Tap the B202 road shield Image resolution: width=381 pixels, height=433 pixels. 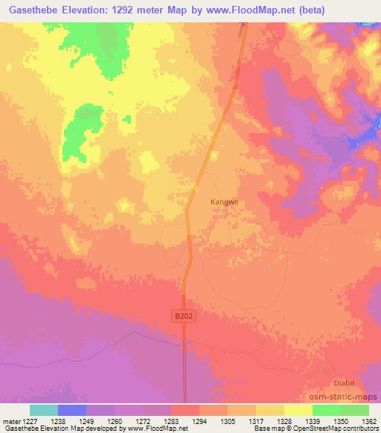point(183,316)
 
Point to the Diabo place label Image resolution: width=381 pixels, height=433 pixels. point(344,383)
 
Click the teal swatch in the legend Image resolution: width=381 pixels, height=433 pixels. point(44,410)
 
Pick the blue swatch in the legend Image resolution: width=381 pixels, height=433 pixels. point(72,410)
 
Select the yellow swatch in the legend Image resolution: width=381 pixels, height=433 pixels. point(298,410)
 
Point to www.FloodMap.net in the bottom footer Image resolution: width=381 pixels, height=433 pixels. point(157,429)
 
